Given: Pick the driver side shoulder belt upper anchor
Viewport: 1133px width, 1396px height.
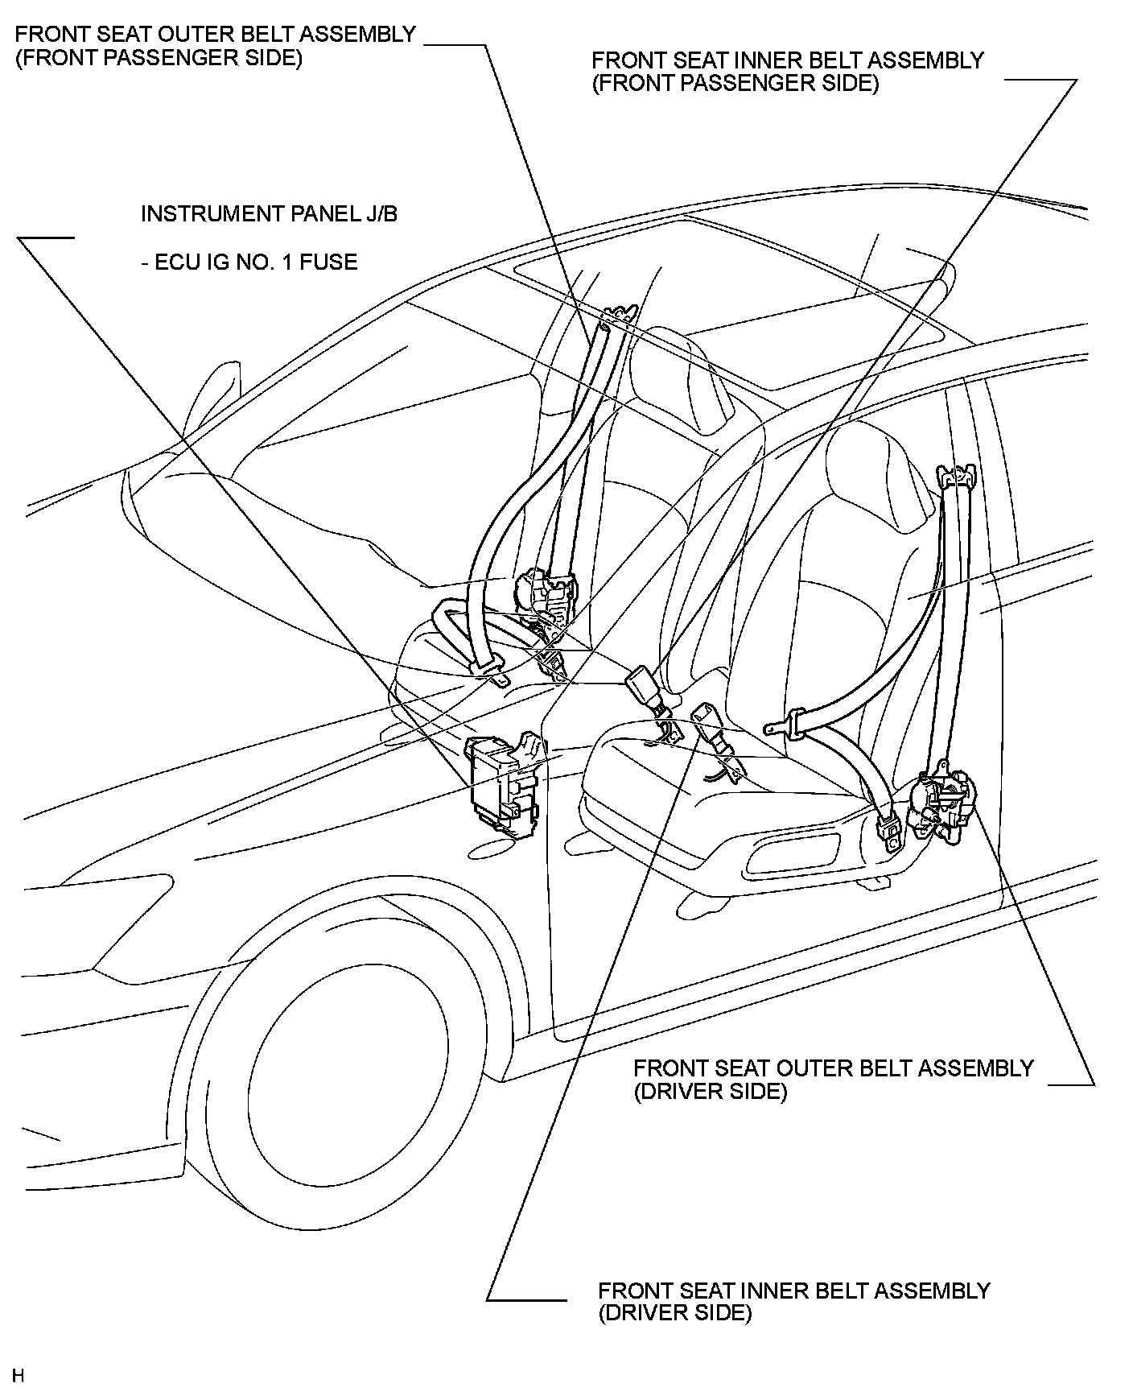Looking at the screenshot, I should coord(958,476).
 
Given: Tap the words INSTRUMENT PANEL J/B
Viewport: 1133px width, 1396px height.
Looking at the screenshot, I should coord(269,214).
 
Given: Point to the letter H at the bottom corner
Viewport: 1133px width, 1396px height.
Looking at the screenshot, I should coord(19,1374).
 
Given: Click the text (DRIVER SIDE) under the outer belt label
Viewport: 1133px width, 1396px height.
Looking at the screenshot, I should coord(710,1092).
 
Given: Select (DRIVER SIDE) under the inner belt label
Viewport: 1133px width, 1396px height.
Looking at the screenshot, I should coord(674,1312).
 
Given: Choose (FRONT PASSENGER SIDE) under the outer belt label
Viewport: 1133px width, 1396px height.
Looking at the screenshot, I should coord(159,59).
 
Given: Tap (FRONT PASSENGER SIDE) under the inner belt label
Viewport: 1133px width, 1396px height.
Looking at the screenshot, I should coord(735,84).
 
